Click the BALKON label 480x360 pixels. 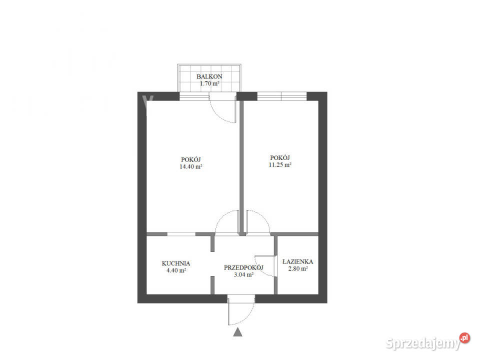tap(209, 76)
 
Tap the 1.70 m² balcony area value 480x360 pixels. tap(209, 83)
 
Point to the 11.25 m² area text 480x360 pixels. tap(280, 164)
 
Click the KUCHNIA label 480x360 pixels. tap(175, 263)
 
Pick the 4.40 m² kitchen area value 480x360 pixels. tap(175, 270)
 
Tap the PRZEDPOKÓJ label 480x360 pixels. tap(243, 267)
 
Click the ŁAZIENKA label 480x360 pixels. tap(297, 261)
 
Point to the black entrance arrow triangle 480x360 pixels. tap(237, 331)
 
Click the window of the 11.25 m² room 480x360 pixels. tap(281, 96)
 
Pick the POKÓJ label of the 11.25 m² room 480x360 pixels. tap(280, 156)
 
